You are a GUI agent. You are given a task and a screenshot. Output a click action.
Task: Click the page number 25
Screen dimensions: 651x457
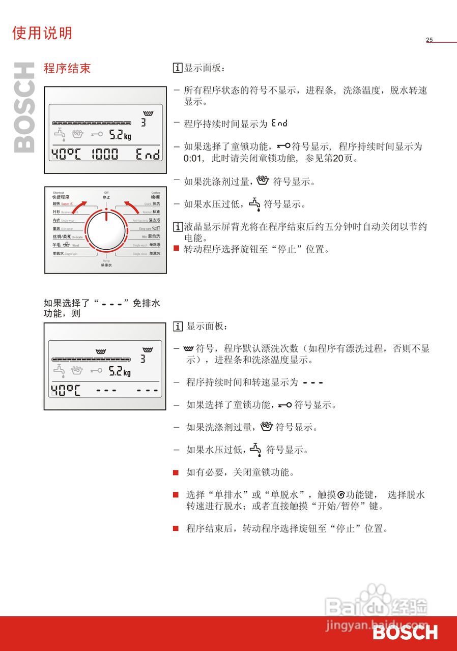coord(429,40)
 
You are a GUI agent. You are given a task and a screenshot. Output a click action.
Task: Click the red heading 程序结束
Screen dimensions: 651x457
coord(67,69)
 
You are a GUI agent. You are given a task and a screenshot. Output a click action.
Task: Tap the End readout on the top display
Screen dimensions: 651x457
coord(148,155)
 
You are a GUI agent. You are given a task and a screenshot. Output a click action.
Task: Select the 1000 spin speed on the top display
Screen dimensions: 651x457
coord(104,155)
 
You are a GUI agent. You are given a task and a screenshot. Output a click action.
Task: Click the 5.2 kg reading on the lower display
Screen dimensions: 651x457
coord(120,372)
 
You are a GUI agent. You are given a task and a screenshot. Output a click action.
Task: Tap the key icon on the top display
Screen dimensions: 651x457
coord(97,135)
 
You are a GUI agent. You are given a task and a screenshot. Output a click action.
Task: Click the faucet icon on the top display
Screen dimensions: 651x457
coord(60,135)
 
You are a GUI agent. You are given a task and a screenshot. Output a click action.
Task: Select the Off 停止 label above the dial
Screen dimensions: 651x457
coord(106,195)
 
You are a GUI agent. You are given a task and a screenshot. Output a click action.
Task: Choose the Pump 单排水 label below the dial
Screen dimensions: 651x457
coord(106,263)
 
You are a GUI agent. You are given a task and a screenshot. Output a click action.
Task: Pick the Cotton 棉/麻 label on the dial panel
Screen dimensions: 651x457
coord(155,195)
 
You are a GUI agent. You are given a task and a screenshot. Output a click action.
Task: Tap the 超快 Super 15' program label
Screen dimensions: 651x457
coord(64,203)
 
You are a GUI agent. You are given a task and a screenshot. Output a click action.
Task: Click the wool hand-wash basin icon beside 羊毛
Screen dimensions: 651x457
coord(67,245)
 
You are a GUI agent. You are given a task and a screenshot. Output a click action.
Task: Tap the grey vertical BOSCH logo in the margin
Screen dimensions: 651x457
coord(24,107)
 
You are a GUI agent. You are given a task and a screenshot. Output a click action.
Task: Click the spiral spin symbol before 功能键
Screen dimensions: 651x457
coord(341,495)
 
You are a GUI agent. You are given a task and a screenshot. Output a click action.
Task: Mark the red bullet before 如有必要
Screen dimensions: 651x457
coord(176,472)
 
